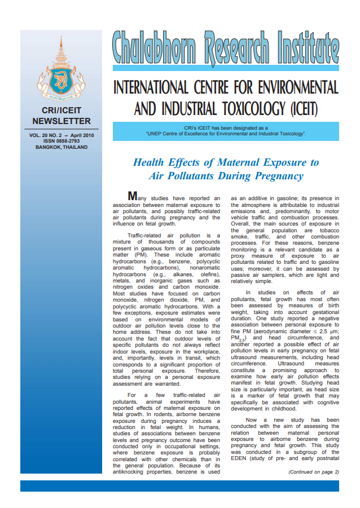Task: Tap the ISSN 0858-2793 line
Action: pos(62,141)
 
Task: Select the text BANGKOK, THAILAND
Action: pos(62,147)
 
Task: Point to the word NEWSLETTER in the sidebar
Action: pos(62,121)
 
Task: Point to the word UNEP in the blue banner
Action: pos(157,134)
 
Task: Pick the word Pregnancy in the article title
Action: pos(273,176)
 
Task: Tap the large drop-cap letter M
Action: pos(133,196)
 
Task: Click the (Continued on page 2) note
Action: pos(313,472)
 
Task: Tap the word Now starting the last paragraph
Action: pos(251,420)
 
